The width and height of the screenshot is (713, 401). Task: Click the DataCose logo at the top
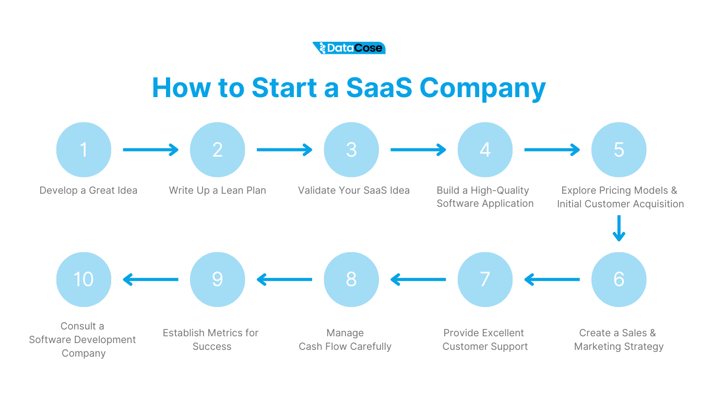[349, 48]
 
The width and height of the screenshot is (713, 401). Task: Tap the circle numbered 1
[84, 150]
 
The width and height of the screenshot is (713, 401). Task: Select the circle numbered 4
[485, 150]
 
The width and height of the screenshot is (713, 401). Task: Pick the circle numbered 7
[485, 279]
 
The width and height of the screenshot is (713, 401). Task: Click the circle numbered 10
[84, 279]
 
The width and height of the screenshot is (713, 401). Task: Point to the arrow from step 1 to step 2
[150, 150]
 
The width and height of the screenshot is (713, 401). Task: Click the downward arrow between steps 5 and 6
[619, 228]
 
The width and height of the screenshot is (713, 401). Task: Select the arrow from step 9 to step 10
[150, 280]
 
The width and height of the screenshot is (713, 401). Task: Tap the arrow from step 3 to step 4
[418, 150]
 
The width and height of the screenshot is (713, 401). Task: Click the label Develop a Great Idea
[88, 191]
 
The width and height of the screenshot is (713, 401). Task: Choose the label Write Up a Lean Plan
[217, 191]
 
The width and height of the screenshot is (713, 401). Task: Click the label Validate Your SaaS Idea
[353, 191]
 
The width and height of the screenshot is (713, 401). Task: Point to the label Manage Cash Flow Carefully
[345, 340]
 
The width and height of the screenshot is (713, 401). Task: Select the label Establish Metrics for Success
[210, 340]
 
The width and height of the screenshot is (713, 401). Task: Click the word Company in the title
[482, 87]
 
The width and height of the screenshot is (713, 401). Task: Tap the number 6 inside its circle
[619, 279]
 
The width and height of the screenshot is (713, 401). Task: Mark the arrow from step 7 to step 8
[418, 280]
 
